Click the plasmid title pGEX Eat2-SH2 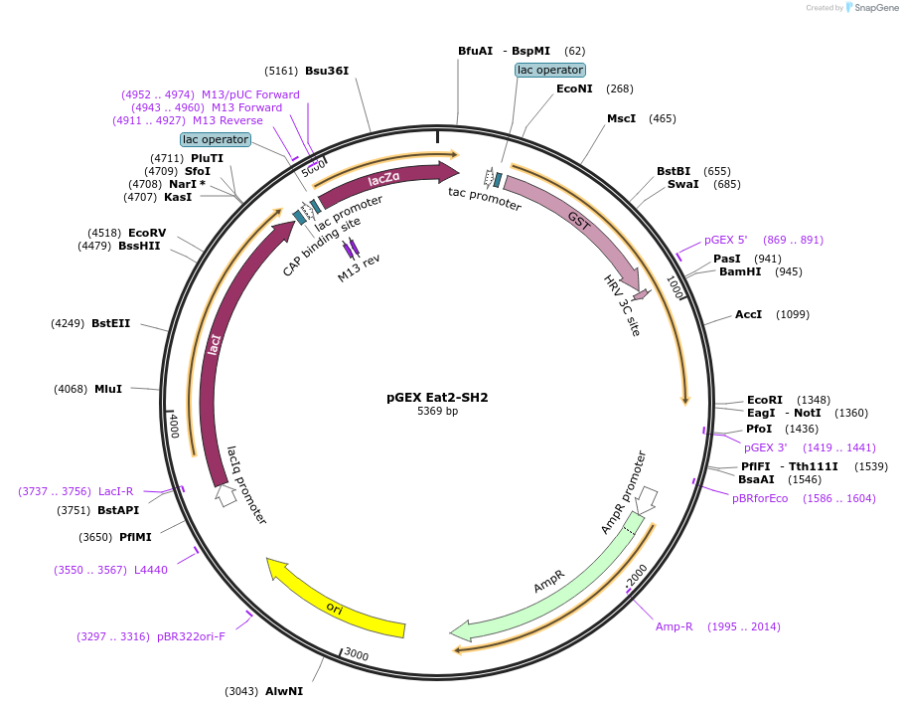(437, 397)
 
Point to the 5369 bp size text (437, 411)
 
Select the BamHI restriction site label (740, 271)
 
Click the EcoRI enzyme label (766, 400)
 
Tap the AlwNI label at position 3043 (284, 691)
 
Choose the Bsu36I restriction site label (327, 71)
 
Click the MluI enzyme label (108, 389)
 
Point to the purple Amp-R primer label (674, 626)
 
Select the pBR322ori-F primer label (191, 636)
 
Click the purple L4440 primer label (151, 570)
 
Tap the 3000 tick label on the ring (356, 654)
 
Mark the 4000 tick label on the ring (174, 425)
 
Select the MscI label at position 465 (622, 118)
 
